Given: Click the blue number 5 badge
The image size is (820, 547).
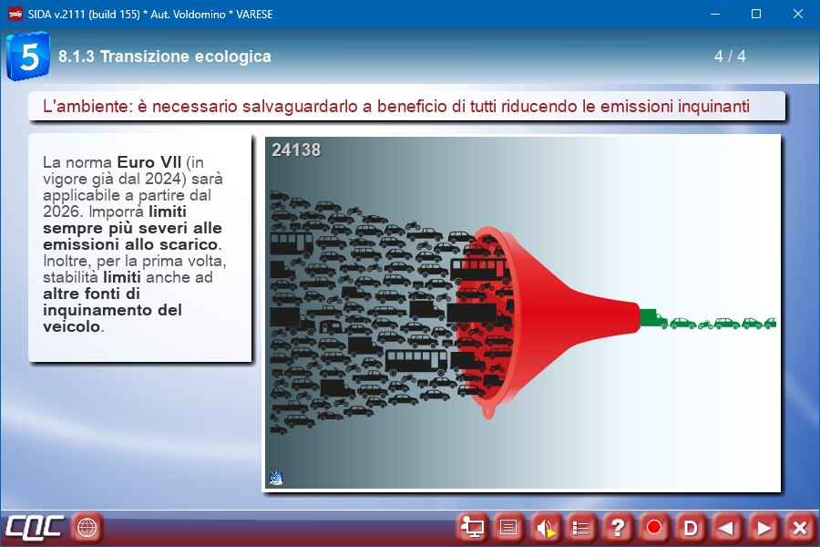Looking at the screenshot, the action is pyautogui.click(x=28, y=56).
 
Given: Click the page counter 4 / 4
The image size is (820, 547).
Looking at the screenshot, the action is pyautogui.click(x=730, y=56).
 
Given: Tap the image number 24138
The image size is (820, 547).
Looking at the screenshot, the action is pyautogui.click(x=296, y=150).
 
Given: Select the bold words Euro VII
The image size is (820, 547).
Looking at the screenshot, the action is pyautogui.click(x=149, y=161).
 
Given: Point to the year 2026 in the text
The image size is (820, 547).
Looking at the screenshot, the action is pyautogui.click(x=62, y=212).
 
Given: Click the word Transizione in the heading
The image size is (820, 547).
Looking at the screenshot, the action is pyautogui.click(x=139, y=56).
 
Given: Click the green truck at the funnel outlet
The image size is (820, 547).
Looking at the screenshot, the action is pyautogui.click(x=653, y=318).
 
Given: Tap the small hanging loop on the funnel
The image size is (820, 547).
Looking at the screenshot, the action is pyautogui.click(x=488, y=411).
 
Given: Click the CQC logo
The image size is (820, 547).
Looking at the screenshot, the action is pyautogui.click(x=35, y=527).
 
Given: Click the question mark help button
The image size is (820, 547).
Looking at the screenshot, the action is pyautogui.click(x=617, y=528).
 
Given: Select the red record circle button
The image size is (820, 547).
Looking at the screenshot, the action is pyautogui.click(x=653, y=528).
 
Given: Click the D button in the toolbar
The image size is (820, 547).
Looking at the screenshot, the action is pyautogui.click(x=691, y=528).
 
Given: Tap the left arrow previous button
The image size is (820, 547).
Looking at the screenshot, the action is pyautogui.click(x=726, y=528).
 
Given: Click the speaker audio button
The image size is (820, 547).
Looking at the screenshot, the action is pyautogui.click(x=545, y=528).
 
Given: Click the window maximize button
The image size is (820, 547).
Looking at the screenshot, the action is pyautogui.click(x=756, y=15).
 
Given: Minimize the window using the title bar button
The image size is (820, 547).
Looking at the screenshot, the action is pyautogui.click(x=715, y=15).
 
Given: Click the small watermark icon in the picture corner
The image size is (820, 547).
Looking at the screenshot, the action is pyautogui.click(x=276, y=478).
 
